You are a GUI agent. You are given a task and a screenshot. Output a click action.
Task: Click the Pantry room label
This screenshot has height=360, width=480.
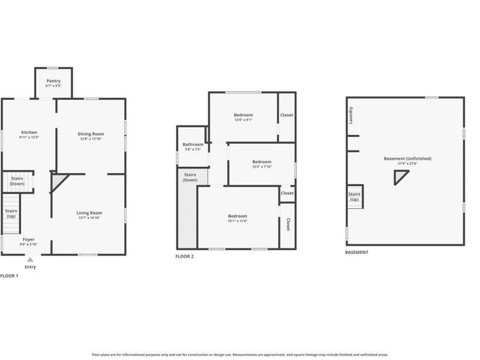(53, 81)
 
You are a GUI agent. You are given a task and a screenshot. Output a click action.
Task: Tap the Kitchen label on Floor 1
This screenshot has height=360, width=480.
(29, 133)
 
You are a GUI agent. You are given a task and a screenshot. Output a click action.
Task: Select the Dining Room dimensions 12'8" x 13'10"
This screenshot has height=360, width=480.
(91, 139)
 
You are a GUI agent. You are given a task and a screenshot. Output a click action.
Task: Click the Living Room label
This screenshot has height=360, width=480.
(89, 212)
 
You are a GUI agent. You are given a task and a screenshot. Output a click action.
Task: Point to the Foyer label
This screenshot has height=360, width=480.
(28, 239)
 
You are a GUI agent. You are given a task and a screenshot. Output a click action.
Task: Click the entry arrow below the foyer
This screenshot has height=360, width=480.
(30, 260)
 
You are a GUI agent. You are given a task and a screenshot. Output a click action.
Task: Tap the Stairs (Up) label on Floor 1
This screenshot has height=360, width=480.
(11, 213)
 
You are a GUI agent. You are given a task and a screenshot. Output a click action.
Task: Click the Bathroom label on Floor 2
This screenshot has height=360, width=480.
(193, 145)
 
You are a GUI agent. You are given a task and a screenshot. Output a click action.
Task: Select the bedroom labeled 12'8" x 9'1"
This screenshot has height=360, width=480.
(243, 115)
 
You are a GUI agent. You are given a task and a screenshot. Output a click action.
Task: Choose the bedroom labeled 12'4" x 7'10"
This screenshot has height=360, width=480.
(262, 162)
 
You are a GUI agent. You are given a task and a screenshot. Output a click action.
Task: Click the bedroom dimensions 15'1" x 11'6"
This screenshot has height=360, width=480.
(237, 221)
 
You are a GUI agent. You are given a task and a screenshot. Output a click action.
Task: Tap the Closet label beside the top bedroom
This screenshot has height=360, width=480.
(287, 115)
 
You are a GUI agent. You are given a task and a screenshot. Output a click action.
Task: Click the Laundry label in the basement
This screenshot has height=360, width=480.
(351, 115)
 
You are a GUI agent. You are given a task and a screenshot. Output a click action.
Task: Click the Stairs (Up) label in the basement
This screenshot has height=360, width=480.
(355, 197)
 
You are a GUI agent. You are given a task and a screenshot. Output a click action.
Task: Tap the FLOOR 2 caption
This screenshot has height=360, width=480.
(184, 256)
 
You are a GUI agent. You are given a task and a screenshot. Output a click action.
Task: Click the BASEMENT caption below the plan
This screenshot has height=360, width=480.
(356, 253)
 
